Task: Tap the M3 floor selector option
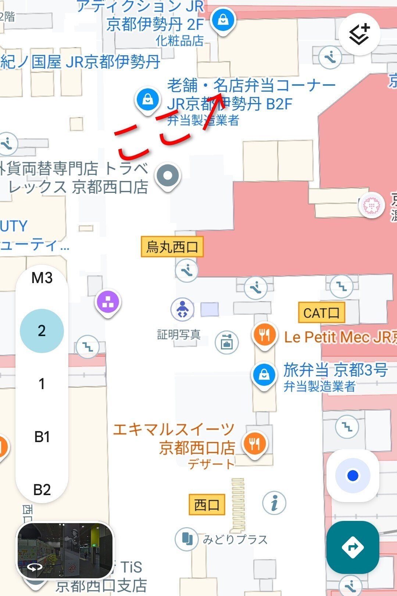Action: [42, 278]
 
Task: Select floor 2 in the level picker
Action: [42, 331]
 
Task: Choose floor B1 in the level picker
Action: [42, 437]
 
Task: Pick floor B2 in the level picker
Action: [42, 490]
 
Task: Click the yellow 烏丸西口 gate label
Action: [172, 247]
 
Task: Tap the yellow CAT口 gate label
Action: [321, 313]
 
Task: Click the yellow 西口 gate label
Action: [207, 504]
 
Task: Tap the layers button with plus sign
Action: [359, 34]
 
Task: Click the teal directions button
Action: [353, 547]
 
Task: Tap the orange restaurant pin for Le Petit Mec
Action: [264, 335]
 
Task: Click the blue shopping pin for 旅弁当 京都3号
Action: [264, 375]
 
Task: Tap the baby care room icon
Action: [182, 309]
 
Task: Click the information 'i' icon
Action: [274, 503]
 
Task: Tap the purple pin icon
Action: [108, 302]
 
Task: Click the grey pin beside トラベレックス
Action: [168, 176]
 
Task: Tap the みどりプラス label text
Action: [235, 539]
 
